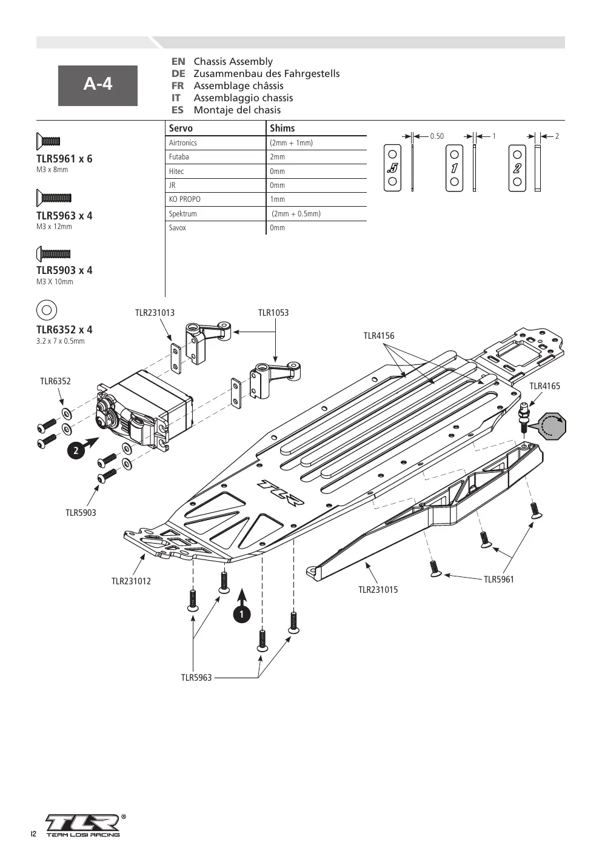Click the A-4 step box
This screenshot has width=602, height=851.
98,85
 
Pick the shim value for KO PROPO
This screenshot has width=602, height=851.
278,199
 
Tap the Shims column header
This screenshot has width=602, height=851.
283,128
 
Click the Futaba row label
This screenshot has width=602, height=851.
179,156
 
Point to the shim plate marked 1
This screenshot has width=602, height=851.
454,168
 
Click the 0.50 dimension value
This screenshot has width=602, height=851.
436,136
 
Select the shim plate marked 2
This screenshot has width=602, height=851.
517,168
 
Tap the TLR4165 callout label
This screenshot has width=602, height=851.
544,386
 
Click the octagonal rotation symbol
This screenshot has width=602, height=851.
552,425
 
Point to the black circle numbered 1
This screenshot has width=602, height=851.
242,615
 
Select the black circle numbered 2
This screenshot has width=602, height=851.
76,450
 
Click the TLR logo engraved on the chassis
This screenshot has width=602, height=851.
281,493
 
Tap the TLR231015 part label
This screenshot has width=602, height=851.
378,590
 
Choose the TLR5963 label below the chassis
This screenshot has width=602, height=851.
196,678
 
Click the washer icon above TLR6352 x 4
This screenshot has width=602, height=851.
47,310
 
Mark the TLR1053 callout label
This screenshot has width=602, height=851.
273,313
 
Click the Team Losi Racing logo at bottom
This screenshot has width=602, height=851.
83,826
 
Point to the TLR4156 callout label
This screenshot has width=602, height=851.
379,336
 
